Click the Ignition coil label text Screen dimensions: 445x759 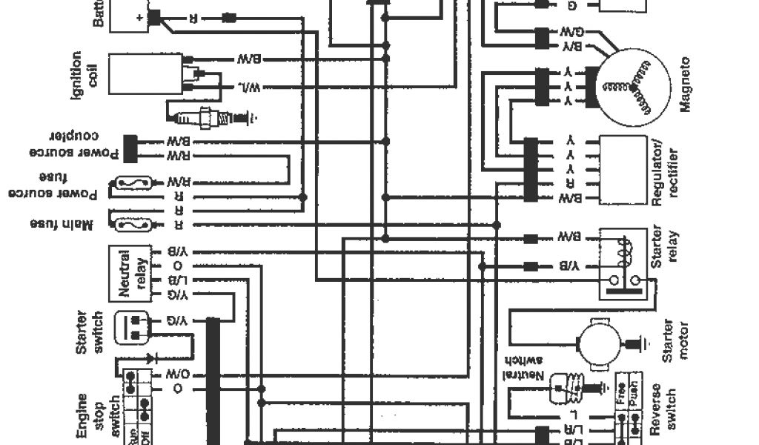[84, 73]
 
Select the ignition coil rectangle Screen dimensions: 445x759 [145, 73]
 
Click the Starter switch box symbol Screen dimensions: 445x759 [133, 327]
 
